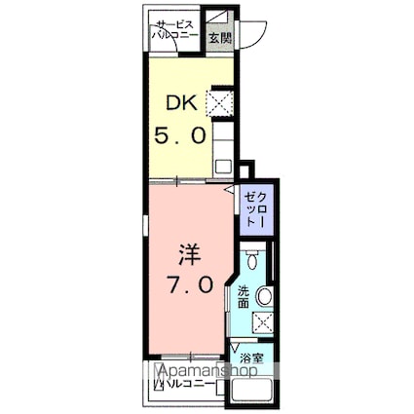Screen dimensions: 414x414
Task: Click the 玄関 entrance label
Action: tap(220, 39)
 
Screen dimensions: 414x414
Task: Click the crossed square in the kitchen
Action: tap(219, 101)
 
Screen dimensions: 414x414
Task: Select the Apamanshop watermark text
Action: tap(206, 373)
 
